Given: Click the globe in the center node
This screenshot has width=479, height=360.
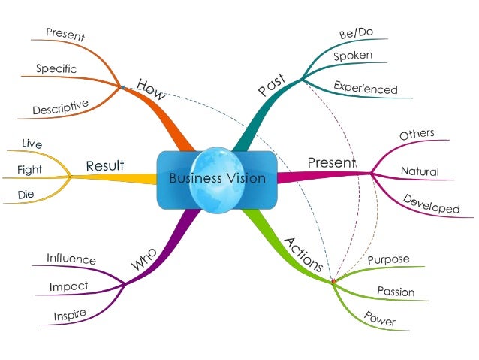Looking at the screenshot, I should [217, 178].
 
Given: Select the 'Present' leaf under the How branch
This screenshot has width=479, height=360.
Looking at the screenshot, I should [65, 34].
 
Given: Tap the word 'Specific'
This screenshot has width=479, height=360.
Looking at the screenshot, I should [56, 68].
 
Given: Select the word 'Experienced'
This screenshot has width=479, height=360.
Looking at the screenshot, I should [366, 88].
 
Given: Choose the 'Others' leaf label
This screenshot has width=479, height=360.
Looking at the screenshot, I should [417, 135].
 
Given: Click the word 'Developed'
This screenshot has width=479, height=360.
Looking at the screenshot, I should [431, 204].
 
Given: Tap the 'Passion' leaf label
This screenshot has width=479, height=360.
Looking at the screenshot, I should [396, 291].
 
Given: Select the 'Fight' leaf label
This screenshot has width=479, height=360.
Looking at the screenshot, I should [29, 170].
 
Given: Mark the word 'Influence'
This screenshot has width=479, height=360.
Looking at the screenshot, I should [71, 259].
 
